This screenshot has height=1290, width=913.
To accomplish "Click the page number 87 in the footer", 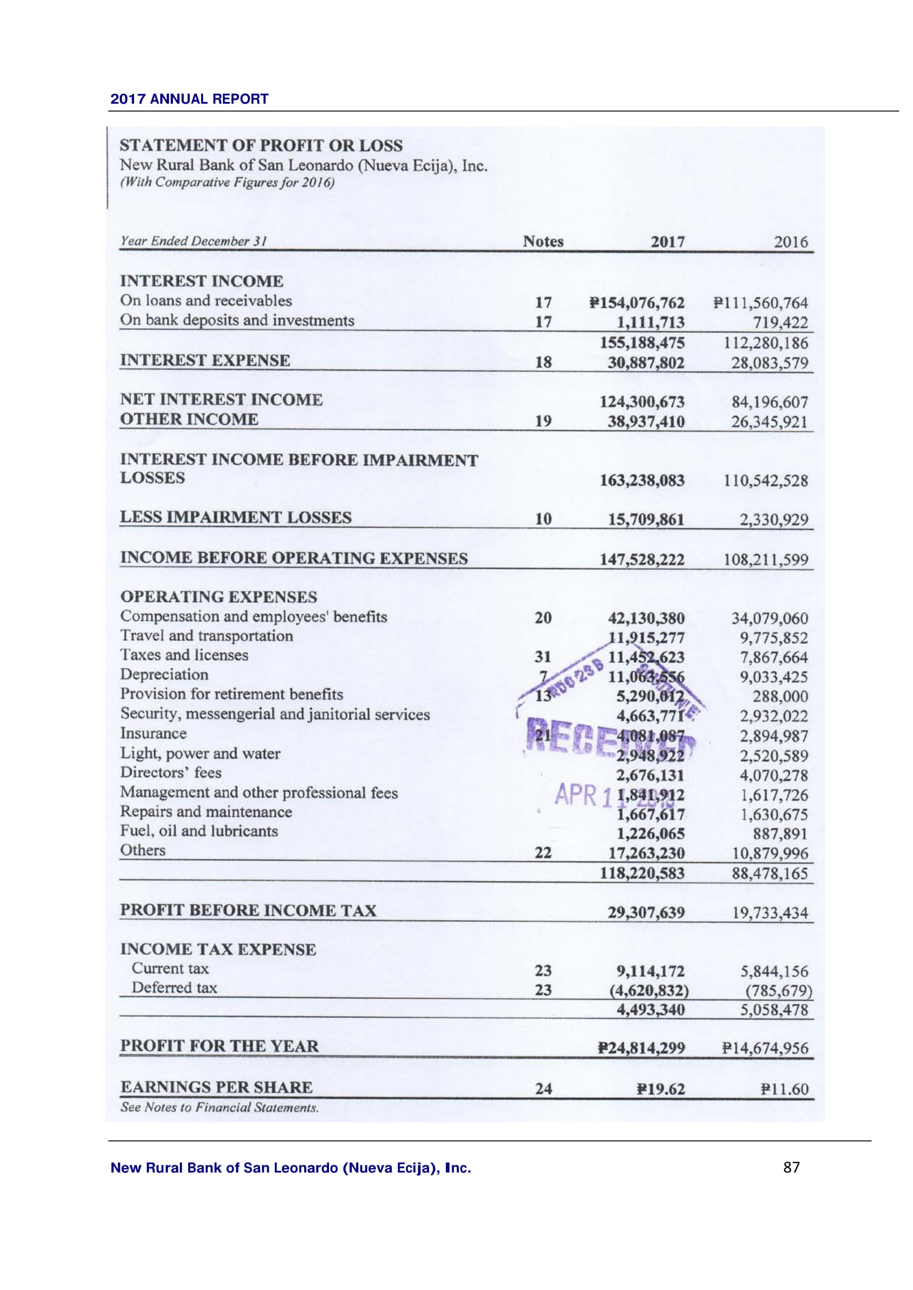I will point(791,1168).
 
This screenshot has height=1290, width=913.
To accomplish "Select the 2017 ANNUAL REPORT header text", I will point(189,99).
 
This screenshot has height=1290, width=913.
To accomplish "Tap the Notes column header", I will point(543,241).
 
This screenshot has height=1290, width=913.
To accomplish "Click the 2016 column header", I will point(790,242).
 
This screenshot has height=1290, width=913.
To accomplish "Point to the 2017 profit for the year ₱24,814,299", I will point(641,1048).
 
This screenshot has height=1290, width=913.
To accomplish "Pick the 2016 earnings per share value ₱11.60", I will point(784,1089).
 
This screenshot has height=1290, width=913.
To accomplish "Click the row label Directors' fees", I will point(171,773).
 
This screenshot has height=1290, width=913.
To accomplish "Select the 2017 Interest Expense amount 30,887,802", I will point(646,363).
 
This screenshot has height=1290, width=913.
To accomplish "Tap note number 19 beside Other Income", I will point(543,421).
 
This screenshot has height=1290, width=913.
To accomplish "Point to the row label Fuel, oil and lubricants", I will point(199,831).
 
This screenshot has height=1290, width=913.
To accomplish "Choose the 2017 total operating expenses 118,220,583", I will point(642,873).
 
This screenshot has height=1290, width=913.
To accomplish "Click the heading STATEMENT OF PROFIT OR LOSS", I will point(261,146).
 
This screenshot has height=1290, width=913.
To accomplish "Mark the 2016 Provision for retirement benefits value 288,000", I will point(780,697).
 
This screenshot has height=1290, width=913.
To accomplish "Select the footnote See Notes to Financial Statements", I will point(219,1107).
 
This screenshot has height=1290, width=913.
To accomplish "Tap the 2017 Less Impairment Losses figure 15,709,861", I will point(646,519).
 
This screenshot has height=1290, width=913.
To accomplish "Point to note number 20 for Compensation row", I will point(543,618).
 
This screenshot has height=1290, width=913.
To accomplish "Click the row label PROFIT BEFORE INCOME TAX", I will point(248,910).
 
